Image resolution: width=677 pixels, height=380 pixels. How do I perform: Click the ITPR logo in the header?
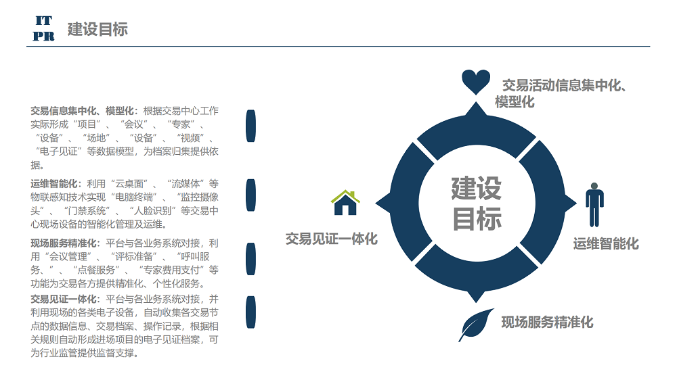[x=43, y=28]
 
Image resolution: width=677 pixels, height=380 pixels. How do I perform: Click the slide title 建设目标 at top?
[x=97, y=29]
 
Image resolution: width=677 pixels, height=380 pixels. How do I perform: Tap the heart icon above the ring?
[x=476, y=82]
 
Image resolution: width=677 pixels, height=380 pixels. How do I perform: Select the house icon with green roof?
[x=345, y=202]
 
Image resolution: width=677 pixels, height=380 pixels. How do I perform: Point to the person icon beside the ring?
[x=594, y=204]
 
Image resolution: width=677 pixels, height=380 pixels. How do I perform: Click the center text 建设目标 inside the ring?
[x=477, y=203]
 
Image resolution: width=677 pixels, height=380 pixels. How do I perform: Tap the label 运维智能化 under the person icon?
[x=606, y=243]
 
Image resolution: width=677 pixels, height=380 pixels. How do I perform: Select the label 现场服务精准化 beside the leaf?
[x=547, y=323]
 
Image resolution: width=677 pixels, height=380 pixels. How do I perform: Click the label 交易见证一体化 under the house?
[x=332, y=239]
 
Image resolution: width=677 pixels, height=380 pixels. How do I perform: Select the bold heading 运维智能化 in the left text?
[x=54, y=184]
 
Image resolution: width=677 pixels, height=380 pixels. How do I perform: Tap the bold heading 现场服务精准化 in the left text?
[x=64, y=243]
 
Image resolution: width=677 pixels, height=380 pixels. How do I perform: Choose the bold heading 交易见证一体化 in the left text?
[x=64, y=300]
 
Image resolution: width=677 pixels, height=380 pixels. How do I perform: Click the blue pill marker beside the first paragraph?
[x=251, y=126]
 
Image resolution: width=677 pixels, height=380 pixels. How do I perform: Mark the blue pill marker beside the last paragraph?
[x=251, y=312]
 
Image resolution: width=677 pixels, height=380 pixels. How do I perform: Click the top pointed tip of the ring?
[x=476, y=102]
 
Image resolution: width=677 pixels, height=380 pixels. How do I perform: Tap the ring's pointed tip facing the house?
[x=376, y=203]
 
